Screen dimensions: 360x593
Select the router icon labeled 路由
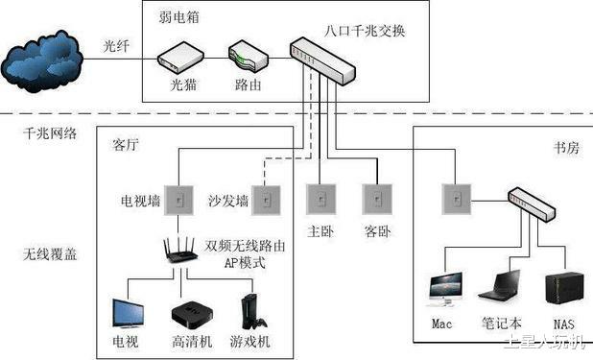point(245,60)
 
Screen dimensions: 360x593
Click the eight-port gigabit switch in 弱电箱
point(324,58)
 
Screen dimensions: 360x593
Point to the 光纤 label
point(116,45)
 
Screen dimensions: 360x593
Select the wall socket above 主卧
point(319,200)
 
